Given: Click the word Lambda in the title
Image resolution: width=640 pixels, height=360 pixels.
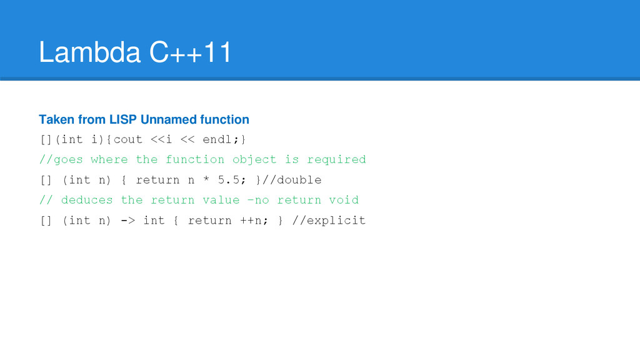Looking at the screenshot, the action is coord(89,52).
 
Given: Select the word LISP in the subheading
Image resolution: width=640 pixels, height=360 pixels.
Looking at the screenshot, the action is coord(124,119).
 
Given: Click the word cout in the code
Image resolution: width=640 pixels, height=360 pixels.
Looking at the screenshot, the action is coord(127,139).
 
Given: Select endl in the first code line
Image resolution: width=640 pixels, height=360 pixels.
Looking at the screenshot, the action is coord(217,139).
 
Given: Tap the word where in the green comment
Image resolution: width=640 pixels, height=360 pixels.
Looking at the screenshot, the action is coord(109,159).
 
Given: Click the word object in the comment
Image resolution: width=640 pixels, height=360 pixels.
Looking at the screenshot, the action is coord(254,159).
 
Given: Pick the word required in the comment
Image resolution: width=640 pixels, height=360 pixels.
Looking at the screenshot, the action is coord(336,159).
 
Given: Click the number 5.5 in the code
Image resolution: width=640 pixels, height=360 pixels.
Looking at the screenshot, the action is coord(232,180).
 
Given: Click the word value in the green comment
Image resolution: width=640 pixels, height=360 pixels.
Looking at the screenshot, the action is coord(221,200).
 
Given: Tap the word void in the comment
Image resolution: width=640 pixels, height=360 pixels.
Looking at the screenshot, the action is coord(344,200).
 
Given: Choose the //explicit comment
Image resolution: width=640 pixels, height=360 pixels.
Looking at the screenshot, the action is coord(329,220).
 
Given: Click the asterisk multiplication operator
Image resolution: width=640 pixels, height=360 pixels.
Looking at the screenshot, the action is coord(206,180).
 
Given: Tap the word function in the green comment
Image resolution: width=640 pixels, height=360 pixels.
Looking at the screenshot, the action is coord(194,159).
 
